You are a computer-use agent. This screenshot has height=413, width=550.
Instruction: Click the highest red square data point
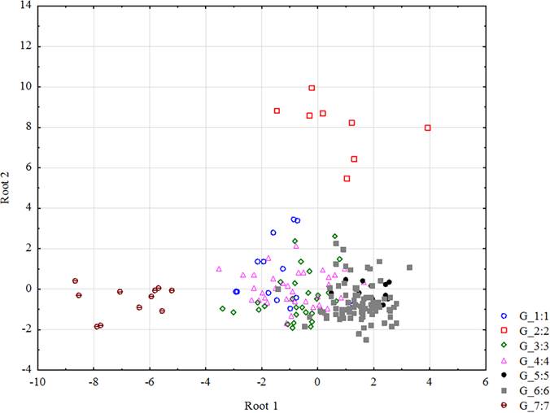pos(312,88)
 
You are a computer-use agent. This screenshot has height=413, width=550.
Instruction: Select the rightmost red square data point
pos(428,128)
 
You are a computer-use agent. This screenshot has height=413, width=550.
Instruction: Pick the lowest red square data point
pos(347,179)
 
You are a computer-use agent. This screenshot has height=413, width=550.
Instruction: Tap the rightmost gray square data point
pos(409,267)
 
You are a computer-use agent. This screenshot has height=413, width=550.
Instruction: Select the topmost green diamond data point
pos(335,237)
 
